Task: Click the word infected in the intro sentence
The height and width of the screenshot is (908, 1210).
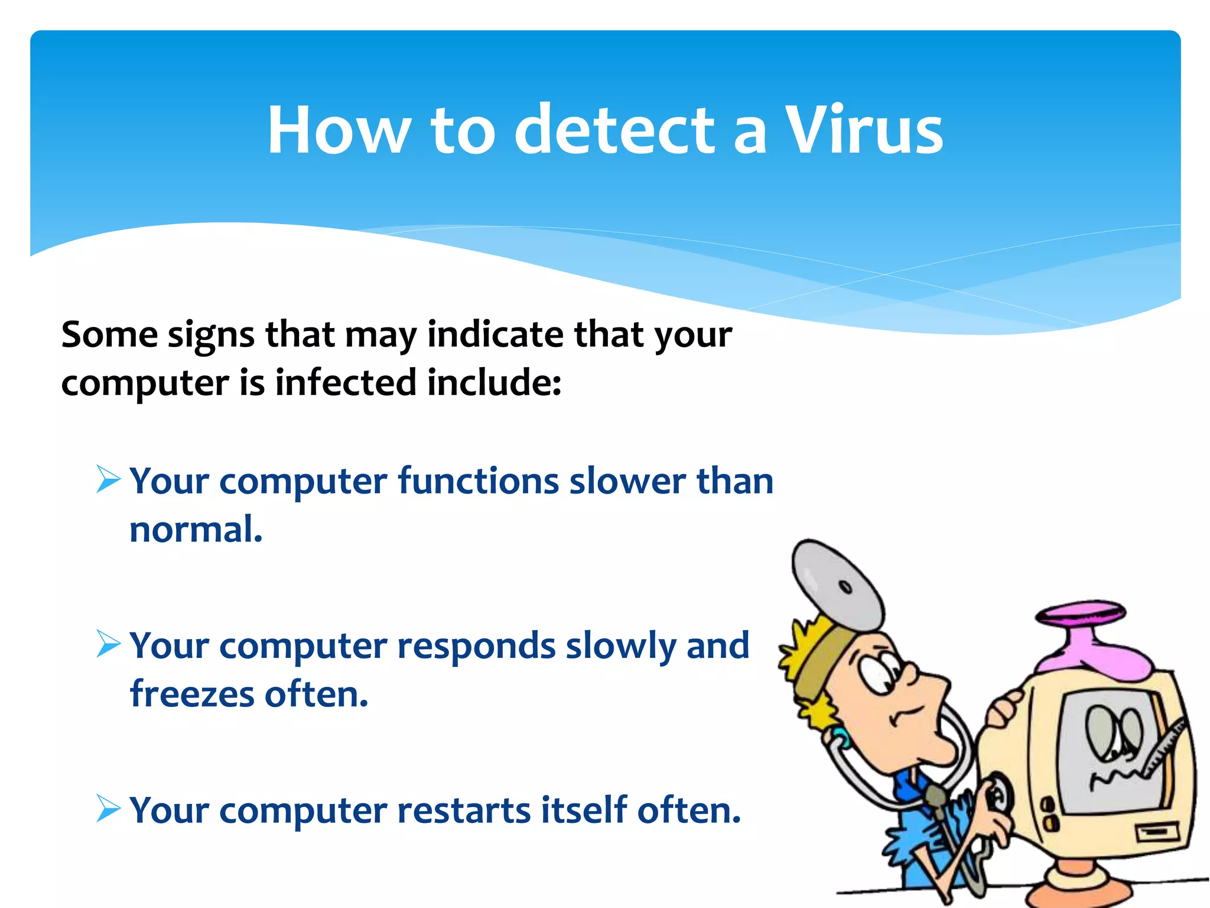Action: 346,382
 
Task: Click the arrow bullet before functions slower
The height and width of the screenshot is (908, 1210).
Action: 109,479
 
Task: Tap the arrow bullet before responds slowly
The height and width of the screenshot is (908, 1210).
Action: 109,644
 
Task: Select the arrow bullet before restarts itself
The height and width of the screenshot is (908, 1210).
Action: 109,808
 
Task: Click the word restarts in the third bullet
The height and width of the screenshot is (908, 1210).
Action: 464,809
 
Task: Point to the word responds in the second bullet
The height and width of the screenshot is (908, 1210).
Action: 476,646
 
